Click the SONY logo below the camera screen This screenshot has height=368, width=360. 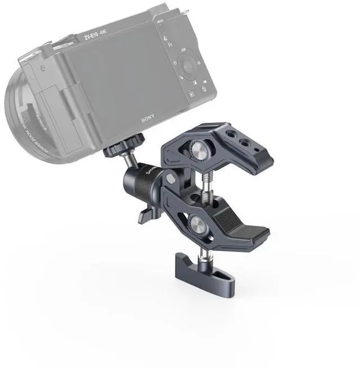(148, 120)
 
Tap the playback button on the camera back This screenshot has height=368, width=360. (191, 94)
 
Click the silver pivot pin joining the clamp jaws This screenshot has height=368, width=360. (170, 178)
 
